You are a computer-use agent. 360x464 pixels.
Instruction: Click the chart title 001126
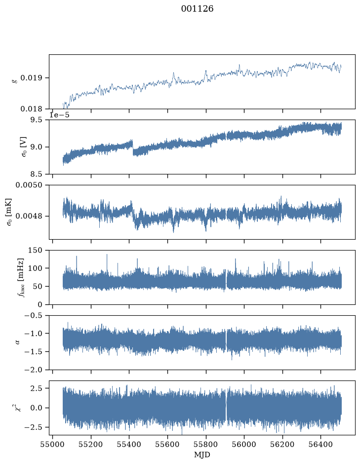click(197, 9)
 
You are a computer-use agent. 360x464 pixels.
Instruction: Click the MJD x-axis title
click(202, 455)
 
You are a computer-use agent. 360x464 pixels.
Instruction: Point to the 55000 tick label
click(53, 445)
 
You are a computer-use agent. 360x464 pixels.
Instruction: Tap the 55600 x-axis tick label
click(168, 445)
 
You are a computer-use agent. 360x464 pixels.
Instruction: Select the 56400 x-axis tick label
click(321, 445)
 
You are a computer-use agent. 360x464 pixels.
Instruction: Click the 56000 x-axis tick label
click(244, 445)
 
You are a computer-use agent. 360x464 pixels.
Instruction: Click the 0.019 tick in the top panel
click(31, 78)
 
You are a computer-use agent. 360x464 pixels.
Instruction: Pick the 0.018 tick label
click(31, 109)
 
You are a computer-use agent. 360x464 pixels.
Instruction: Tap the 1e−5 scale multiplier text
click(59, 115)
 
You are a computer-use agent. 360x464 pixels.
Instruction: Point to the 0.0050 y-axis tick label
click(29, 185)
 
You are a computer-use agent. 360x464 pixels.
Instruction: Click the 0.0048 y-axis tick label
click(29, 216)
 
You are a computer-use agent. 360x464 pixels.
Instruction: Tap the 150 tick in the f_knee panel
click(35, 251)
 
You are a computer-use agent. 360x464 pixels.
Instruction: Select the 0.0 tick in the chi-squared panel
click(36, 408)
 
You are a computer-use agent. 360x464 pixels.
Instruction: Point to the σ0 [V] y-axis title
click(24, 147)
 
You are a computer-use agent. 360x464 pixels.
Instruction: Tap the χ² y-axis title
click(18, 408)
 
